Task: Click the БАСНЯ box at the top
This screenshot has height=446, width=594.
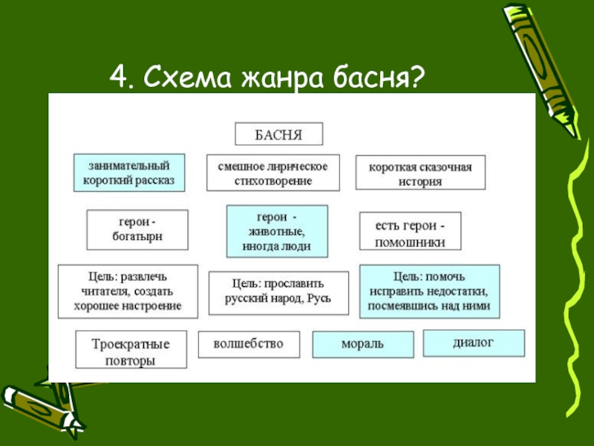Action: click(x=279, y=135)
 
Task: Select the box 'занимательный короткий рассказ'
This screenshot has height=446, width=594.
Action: click(x=129, y=172)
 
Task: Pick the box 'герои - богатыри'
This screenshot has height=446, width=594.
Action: click(x=137, y=230)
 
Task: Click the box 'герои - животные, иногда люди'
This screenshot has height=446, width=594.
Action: click(x=276, y=231)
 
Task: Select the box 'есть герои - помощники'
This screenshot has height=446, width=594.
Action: click(x=410, y=231)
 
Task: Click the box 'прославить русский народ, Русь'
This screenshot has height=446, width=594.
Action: click(x=278, y=292)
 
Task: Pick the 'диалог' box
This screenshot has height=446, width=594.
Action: click(x=474, y=343)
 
